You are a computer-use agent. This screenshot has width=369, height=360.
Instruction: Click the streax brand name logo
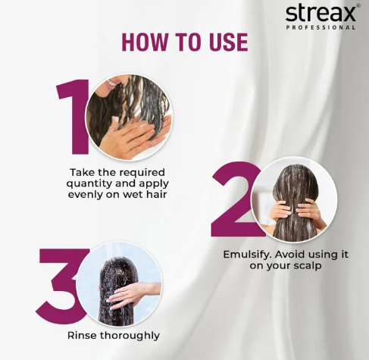(321, 13)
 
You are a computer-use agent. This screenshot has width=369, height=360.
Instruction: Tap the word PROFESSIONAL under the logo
(321, 27)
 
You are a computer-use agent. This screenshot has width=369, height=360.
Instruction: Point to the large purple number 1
(73, 117)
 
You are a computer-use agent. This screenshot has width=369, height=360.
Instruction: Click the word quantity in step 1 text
(89, 184)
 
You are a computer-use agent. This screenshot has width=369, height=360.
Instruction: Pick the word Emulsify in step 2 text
(247, 255)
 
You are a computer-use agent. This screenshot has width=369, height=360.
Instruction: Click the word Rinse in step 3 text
(82, 336)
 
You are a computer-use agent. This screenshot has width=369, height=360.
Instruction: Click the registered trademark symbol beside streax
(358, 6)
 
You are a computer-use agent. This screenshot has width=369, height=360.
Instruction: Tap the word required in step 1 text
(142, 173)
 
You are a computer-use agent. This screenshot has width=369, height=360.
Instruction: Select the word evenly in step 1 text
(85, 196)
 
